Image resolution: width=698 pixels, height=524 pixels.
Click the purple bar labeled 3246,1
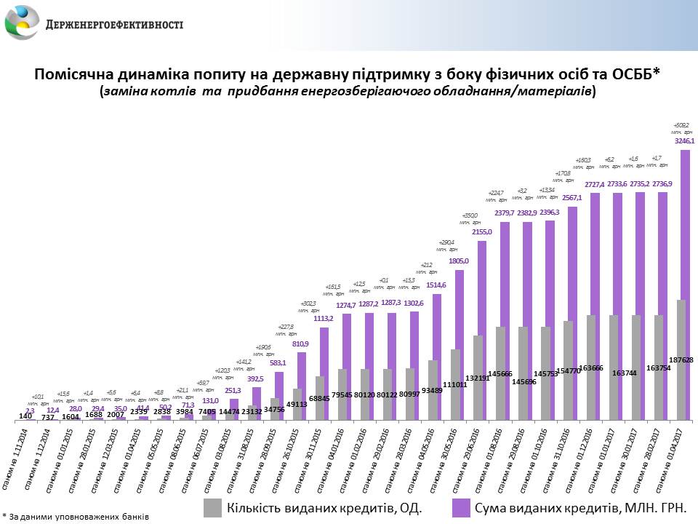coord(685,284)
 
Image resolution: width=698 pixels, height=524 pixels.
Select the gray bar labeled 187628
coord(681,360)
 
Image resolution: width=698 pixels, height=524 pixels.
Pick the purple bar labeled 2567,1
coord(572,313)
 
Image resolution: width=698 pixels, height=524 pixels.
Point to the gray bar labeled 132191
coord(478,378)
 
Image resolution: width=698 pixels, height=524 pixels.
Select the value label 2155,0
coord(482,232)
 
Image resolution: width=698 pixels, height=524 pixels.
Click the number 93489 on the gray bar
coord(432,389)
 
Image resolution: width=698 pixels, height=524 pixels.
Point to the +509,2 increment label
coord(681,125)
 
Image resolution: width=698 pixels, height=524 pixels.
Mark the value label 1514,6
coord(437,285)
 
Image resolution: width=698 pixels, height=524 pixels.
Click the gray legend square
coord(213,507)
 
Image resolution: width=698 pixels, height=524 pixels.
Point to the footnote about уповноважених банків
coord(76,516)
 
